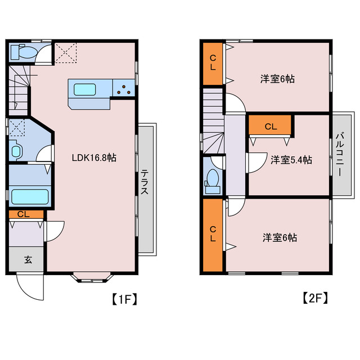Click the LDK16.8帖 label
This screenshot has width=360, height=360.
(94, 158)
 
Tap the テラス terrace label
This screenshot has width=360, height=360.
(145, 182)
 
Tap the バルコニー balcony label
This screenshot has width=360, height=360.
(339, 154)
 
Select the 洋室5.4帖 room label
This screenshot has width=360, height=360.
(291, 160)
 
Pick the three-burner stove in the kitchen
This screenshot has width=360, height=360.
(124, 88)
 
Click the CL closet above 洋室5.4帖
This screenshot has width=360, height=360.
(270, 126)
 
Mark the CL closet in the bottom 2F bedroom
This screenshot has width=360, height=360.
(213, 234)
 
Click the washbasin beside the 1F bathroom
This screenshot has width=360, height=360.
(16, 150)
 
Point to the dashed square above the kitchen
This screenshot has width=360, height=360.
(67, 52)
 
